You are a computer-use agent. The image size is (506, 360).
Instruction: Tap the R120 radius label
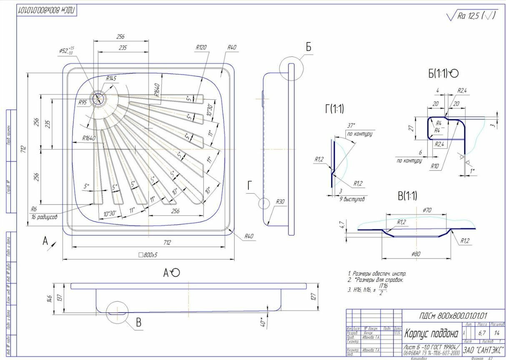click(201, 48)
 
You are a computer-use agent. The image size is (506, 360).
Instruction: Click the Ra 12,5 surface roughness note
click(471, 16)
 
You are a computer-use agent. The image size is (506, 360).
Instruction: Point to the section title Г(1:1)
click(334, 109)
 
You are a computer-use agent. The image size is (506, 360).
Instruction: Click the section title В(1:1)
click(408, 196)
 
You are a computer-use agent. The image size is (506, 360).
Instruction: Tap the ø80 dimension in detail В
click(415, 254)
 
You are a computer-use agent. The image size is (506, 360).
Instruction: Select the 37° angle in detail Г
click(351, 126)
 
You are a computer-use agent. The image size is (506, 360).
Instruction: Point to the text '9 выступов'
click(353, 199)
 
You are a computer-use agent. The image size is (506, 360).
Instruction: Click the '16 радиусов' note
click(44, 217)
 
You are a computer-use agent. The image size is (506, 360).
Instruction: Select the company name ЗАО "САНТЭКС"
click(483, 350)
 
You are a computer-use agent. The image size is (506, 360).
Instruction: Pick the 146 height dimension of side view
click(49, 298)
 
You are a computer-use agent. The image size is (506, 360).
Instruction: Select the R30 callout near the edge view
click(280, 202)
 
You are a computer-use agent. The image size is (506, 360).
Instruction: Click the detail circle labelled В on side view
click(118, 311)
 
